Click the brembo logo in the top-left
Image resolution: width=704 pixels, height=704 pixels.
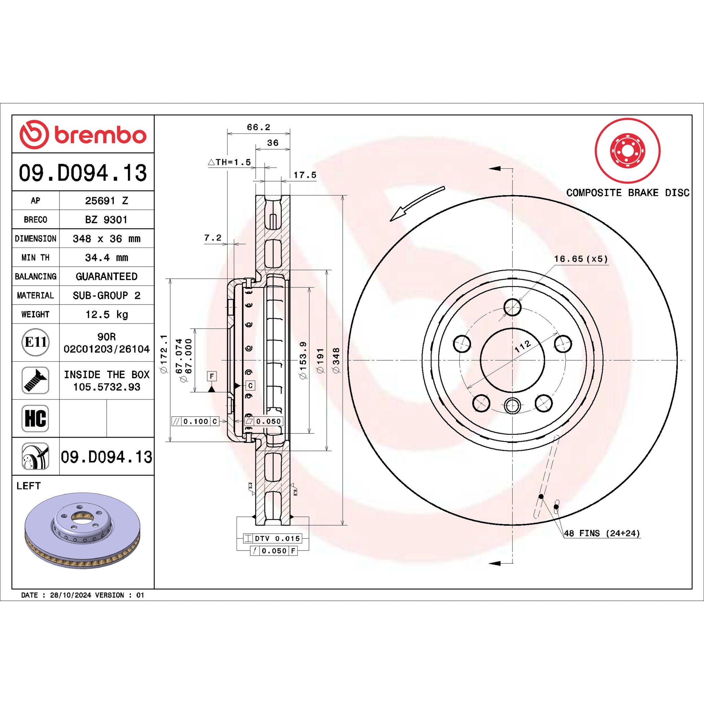[x=83, y=134]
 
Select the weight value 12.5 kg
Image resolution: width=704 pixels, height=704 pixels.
[x=107, y=315]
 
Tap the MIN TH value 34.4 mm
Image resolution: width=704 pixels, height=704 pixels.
[x=107, y=257]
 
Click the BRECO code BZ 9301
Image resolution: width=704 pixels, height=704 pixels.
[x=107, y=220]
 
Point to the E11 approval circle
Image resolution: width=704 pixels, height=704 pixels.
[x=35, y=342]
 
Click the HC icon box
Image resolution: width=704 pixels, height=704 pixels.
[x=35, y=418]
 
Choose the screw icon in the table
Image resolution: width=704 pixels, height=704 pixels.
[x=35, y=381]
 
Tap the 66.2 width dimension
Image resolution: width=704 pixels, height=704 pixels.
[x=258, y=127]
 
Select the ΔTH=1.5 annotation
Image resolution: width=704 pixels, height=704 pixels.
[x=230, y=162]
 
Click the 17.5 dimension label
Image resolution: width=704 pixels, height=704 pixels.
[x=305, y=175]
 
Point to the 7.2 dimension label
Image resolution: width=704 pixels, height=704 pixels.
[x=213, y=238]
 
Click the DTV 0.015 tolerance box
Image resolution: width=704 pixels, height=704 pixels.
[x=273, y=538]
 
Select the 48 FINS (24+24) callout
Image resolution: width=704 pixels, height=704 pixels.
[x=602, y=533]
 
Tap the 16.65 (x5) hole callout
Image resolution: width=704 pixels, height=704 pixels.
[x=581, y=259]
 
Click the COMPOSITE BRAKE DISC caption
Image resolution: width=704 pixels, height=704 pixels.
[x=628, y=193]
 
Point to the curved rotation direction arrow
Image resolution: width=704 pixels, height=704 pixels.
[x=417, y=204]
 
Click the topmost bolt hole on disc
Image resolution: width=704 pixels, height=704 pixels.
[x=512, y=307]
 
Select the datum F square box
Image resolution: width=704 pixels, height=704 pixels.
[x=212, y=376]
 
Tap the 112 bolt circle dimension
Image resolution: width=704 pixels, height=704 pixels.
[x=523, y=346]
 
